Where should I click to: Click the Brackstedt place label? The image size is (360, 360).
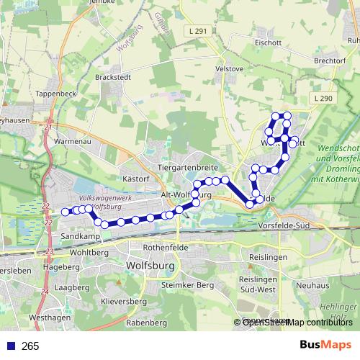click(114, 76)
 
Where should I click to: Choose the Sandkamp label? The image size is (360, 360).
click(79, 236)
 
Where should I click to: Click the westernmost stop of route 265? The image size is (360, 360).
click(65, 212)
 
